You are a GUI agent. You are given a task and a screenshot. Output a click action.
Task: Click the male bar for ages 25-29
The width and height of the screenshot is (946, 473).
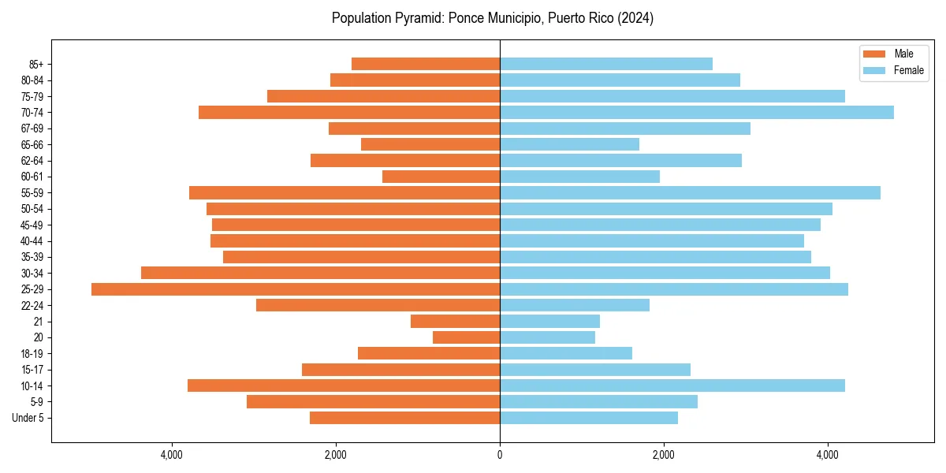tap(296, 289)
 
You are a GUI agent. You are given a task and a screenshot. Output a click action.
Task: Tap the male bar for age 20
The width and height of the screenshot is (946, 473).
tap(467, 337)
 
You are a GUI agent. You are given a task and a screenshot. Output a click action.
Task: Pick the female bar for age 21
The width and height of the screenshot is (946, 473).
tap(549, 322)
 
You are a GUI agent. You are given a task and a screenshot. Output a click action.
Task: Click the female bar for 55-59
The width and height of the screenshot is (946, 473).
tap(690, 193)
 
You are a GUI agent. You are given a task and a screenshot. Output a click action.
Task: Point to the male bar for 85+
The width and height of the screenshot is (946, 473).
tap(426, 64)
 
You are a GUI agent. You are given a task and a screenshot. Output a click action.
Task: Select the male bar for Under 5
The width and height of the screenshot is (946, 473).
tap(404, 418)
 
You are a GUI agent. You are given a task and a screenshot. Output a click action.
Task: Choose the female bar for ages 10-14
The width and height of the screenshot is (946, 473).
tap(672, 385)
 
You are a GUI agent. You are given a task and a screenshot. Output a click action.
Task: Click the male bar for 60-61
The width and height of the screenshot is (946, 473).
tap(441, 177)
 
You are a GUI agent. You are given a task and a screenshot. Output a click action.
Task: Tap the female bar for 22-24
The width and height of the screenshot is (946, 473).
tap(575, 305)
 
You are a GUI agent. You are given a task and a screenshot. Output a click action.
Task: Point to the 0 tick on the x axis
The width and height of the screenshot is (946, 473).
tap(500, 455)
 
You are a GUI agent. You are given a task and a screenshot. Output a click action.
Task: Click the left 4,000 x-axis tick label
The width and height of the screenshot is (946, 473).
tap(172, 455)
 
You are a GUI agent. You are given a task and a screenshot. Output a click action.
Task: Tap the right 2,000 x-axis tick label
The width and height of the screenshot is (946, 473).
tap(664, 455)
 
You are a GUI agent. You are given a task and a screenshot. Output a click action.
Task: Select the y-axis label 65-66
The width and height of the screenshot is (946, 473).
tap(32, 145)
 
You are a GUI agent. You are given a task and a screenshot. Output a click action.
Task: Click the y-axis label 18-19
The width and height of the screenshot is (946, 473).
tap(32, 354)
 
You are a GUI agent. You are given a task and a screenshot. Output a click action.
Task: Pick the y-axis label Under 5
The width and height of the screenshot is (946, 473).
tap(28, 418)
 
